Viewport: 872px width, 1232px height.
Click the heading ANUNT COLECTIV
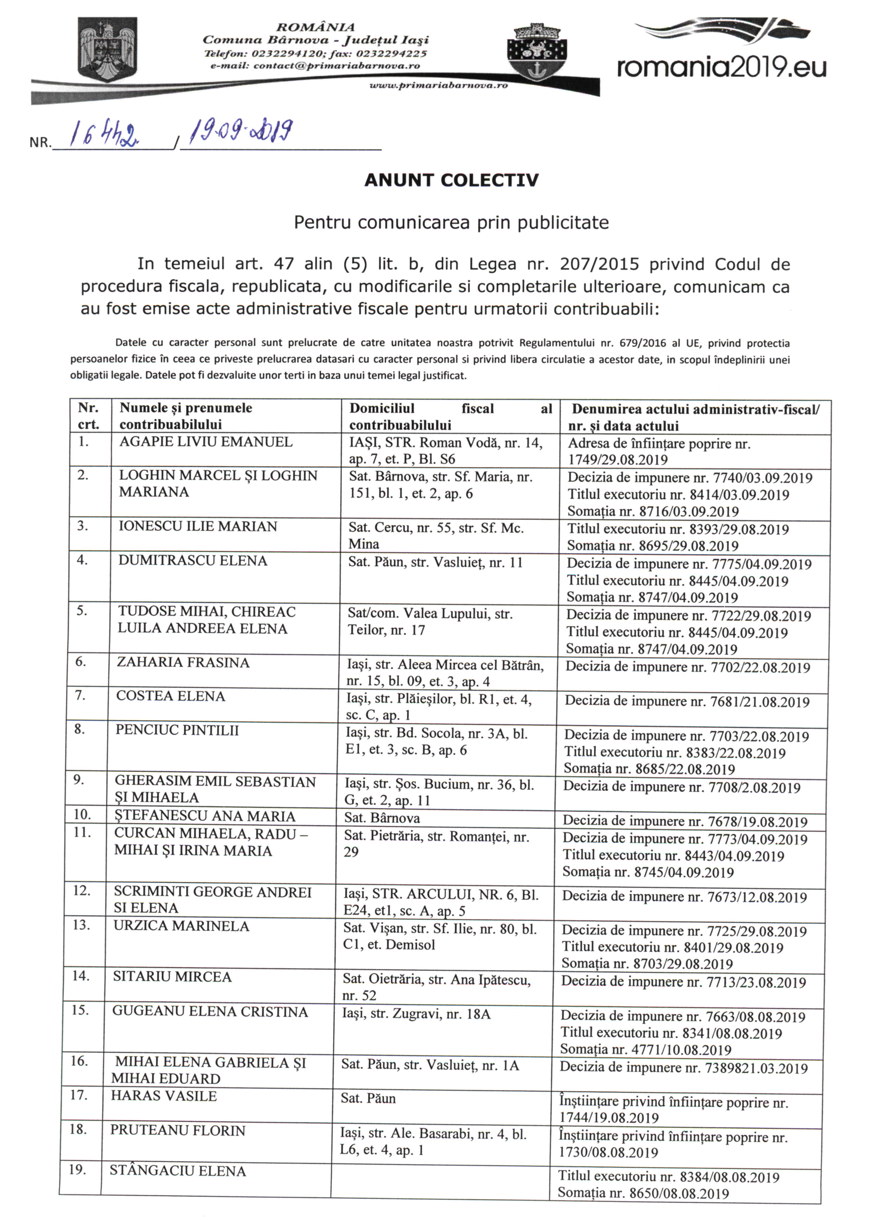point(451,180)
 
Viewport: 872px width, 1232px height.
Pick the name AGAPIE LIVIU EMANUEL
point(206,442)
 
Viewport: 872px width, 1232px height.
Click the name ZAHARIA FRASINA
point(183,663)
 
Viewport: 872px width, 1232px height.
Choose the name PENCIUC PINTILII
point(177,730)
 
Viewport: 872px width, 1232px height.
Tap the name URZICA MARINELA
point(181,926)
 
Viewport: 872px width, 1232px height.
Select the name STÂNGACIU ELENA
point(178,1171)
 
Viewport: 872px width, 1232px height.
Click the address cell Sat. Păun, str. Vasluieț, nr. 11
point(435,562)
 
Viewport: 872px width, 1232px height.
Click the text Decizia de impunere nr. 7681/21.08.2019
point(687,702)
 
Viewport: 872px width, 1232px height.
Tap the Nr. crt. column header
point(89,416)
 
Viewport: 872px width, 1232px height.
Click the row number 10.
point(82,815)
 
